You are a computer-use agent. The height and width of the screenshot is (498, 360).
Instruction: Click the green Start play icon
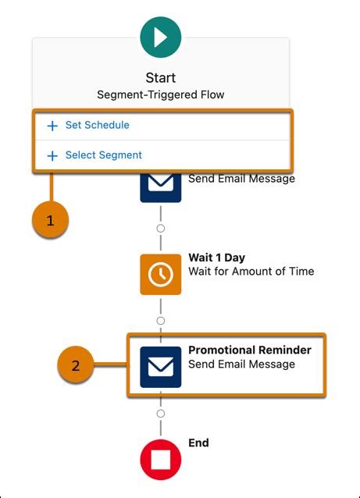161,37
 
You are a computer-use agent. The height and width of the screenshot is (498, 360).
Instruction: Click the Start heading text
160,78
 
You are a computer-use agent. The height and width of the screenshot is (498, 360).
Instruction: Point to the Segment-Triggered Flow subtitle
160,94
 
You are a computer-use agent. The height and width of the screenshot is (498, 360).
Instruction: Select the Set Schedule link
98,125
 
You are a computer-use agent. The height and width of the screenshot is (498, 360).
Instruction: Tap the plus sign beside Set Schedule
52,126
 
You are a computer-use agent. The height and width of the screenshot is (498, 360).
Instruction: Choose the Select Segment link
104,155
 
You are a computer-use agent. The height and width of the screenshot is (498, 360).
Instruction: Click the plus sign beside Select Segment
52,155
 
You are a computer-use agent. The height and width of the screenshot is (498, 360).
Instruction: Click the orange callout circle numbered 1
50,220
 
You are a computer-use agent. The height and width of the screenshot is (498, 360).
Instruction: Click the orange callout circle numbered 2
76,365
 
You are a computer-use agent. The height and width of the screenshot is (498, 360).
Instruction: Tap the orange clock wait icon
161,275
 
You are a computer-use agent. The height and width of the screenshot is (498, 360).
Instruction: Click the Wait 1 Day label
216,258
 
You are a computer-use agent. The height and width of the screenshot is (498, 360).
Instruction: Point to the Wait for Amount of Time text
251,271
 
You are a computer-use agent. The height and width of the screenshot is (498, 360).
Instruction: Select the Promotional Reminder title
250,350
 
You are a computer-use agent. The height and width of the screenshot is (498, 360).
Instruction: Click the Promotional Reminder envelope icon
161,367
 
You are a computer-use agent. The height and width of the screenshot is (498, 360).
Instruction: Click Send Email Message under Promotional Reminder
241,364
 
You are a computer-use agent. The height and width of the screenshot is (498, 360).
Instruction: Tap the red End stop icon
161,460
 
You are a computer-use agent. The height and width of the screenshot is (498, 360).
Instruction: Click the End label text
198,443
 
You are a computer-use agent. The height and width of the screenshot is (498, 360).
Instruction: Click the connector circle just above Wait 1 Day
161,229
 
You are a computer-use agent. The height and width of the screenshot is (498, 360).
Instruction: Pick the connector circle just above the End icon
161,414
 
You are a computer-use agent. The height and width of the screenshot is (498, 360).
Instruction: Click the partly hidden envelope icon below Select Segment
161,187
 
